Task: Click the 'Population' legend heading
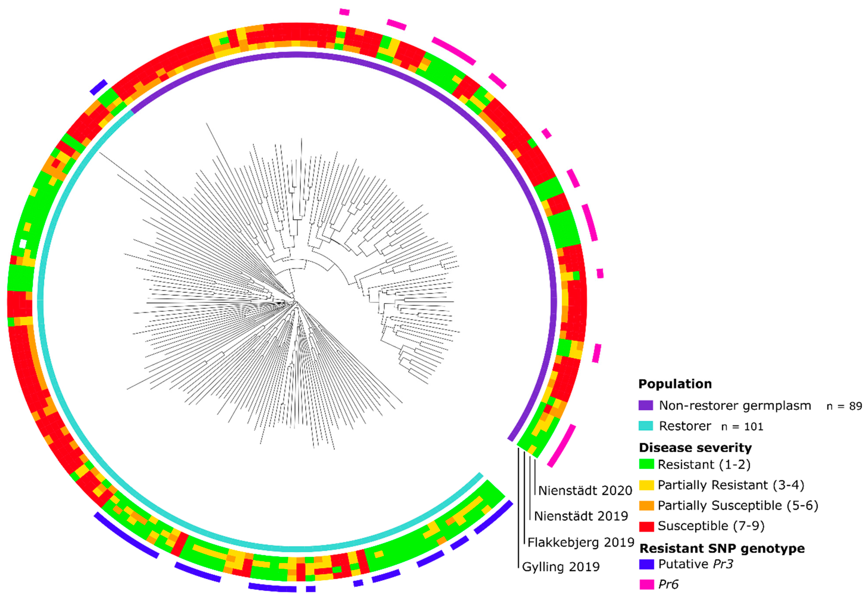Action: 675,384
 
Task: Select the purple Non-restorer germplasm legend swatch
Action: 646,405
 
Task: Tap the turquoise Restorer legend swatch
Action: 646,426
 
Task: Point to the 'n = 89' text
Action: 844,406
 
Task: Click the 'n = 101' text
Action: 742,427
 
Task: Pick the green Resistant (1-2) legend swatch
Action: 646,464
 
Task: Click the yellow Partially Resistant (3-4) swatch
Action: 646,485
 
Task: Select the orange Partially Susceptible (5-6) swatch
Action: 646,506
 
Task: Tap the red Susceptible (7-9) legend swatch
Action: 646,526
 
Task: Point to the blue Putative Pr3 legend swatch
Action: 646,564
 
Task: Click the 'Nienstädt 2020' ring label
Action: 585,491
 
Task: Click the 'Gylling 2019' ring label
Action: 561,567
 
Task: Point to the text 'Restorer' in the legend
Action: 685,426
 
